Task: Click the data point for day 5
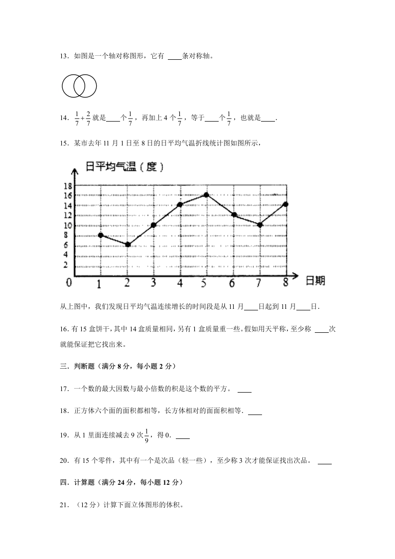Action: coord(206,195)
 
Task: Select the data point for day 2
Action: coord(128,244)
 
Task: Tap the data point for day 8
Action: coord(285,204)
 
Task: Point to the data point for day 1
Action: coord(101,235)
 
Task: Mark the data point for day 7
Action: coord(260,225)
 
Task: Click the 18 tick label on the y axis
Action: coord(68,186)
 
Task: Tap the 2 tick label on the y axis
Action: coord(66,265)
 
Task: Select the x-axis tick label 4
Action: coord(179,283)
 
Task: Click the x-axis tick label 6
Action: coord(232,283)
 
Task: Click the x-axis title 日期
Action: coord(315,280)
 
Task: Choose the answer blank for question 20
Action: coord(324,462)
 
